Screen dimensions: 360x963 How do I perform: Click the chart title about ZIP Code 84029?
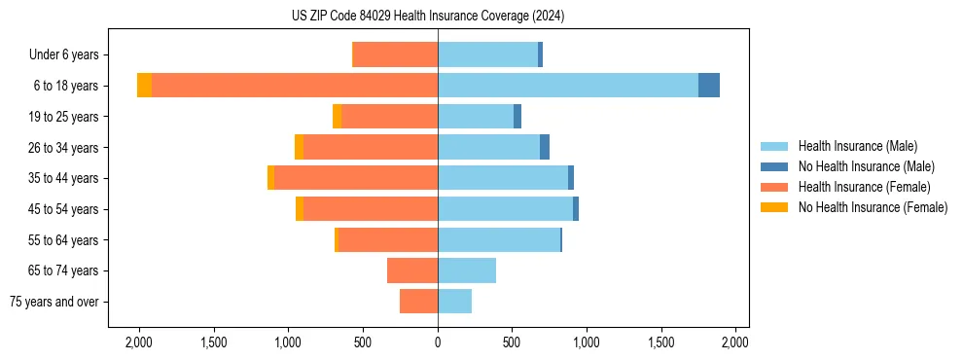(x=427, y=16)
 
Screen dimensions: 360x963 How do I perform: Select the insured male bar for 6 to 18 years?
(x=568, y=86)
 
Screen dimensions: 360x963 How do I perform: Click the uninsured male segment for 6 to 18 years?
(x=709, y=86)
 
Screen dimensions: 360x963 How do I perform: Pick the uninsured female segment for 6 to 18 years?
(x=144, y=86)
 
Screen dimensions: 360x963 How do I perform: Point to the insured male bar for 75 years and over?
(x=454, y=302)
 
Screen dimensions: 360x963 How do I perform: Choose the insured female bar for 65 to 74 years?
(x=412, y=270)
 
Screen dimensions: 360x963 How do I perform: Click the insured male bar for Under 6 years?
(x=487, y=54)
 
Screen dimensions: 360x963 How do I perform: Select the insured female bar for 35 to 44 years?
(x=356, y=178)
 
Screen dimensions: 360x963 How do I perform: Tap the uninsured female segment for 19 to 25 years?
(x=337, y=117)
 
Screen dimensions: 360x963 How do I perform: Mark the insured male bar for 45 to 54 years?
(x=505, y=209)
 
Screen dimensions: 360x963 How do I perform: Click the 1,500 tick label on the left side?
(x=213, y=342)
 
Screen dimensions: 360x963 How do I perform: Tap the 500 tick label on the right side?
(x=512, y=342)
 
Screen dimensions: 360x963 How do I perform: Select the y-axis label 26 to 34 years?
(x=63, y=148)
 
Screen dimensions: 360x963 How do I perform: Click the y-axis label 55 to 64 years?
(x=63, y=240)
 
